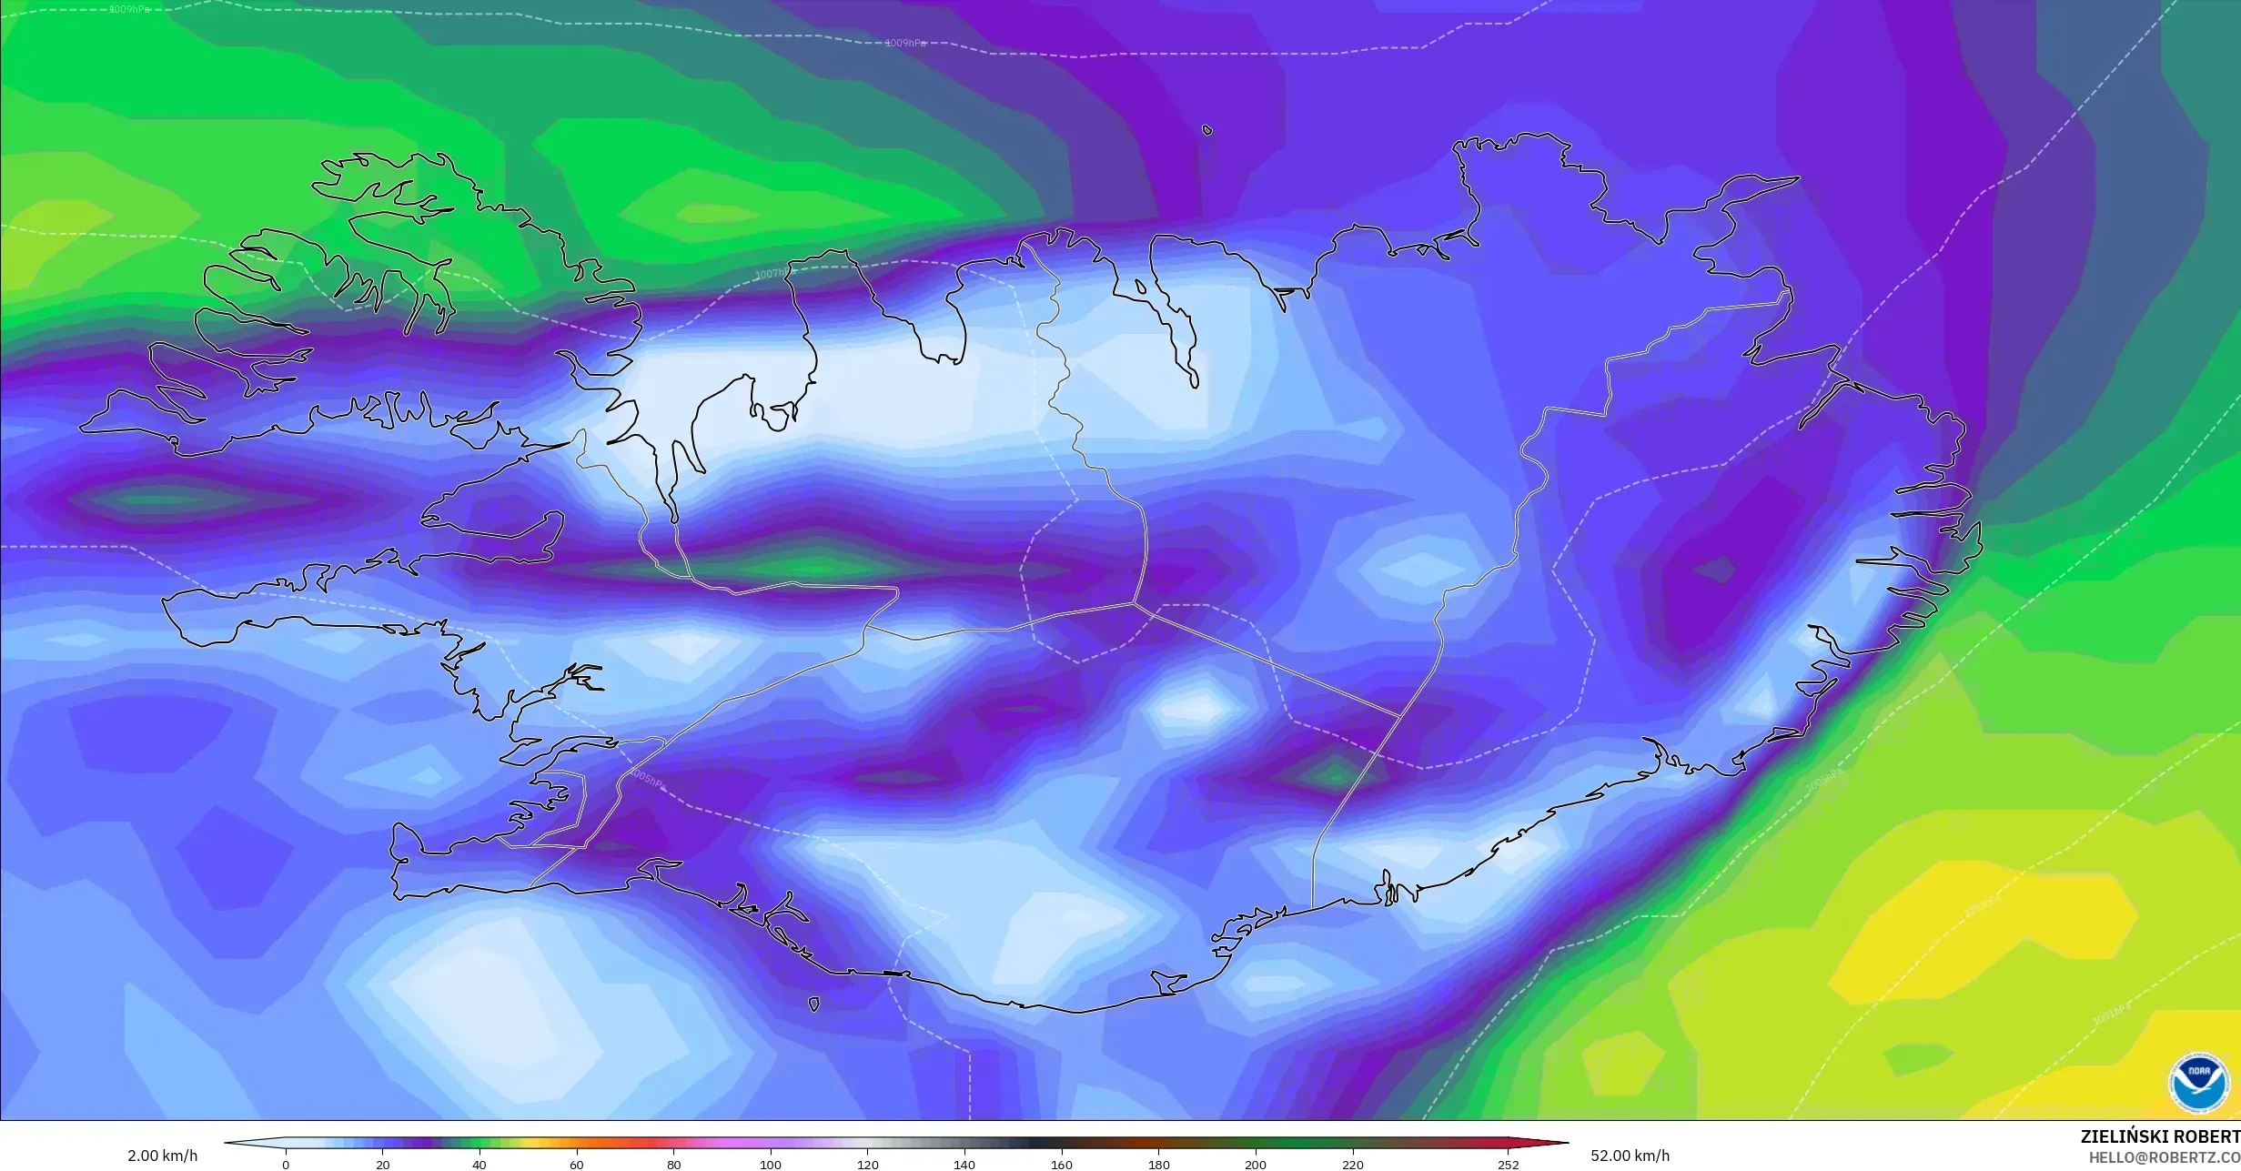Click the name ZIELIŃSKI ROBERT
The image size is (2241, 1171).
click(2160, 1136)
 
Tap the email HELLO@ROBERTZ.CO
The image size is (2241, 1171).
click(2164, 1157)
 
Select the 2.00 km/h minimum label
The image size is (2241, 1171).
click(162, 1156)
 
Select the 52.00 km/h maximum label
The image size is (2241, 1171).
click(1630, 1156)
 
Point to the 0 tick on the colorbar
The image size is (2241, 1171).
click(286, 1165)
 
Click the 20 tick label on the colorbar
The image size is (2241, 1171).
click(383, 1165)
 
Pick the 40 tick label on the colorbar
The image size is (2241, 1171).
click(479, 1165)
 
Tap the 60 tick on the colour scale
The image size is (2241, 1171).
click(577, 1165)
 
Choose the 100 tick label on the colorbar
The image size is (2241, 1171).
click(771, 1165)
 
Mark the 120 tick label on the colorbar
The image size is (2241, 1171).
click(868, 1165)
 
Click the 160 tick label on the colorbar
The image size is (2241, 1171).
click(1062, 1165)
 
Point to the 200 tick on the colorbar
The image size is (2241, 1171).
click(1256, 1165)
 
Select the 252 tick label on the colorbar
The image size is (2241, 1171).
click(1508, 1165)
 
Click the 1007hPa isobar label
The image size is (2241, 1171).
click(773, 274)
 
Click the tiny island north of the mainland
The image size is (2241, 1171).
click(1207, 130)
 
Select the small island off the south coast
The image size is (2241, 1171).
click(813, 1004)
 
